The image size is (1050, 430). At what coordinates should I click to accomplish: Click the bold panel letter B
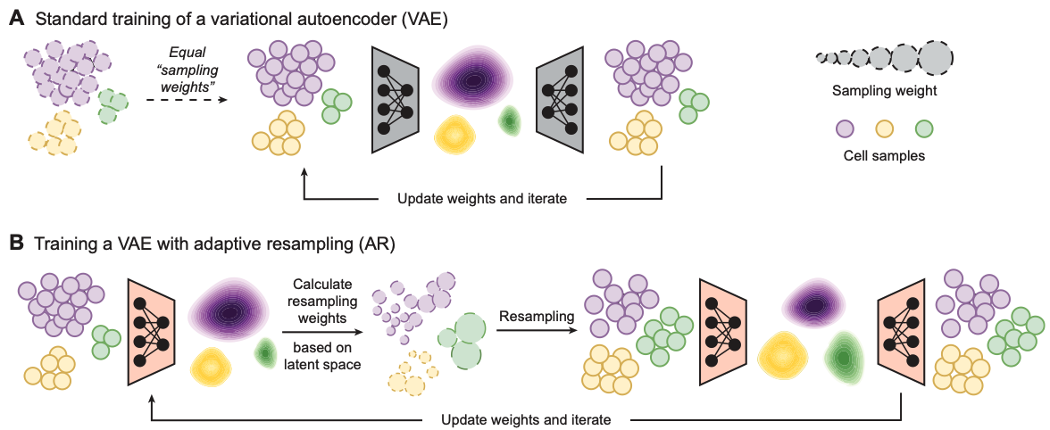16,242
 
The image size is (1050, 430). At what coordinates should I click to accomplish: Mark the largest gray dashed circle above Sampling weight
935,58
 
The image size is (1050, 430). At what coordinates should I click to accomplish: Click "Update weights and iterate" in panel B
527,418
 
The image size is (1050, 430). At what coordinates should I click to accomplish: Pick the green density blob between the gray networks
510,119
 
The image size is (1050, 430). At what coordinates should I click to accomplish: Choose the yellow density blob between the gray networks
456,133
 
